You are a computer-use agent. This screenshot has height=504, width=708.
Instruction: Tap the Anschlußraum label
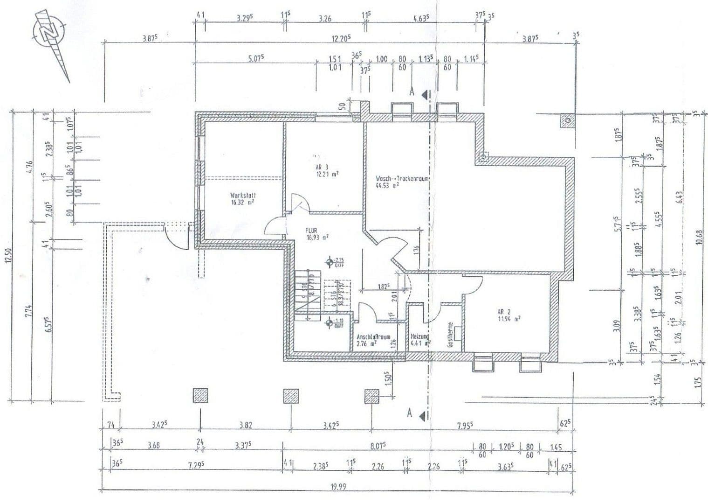[373, 340]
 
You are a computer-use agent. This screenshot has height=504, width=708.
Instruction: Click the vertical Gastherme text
[450, 335]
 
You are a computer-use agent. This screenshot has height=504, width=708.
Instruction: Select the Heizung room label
[419, 339]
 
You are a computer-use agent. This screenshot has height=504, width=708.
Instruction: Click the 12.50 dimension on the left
[7, 256]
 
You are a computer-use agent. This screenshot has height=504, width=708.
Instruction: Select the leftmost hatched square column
[200, 395]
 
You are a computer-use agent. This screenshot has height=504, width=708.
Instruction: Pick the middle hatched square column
[291, 395]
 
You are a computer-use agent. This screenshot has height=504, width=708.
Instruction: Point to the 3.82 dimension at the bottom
[246, 425]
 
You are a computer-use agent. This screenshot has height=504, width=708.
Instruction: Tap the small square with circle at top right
[568, 120]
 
